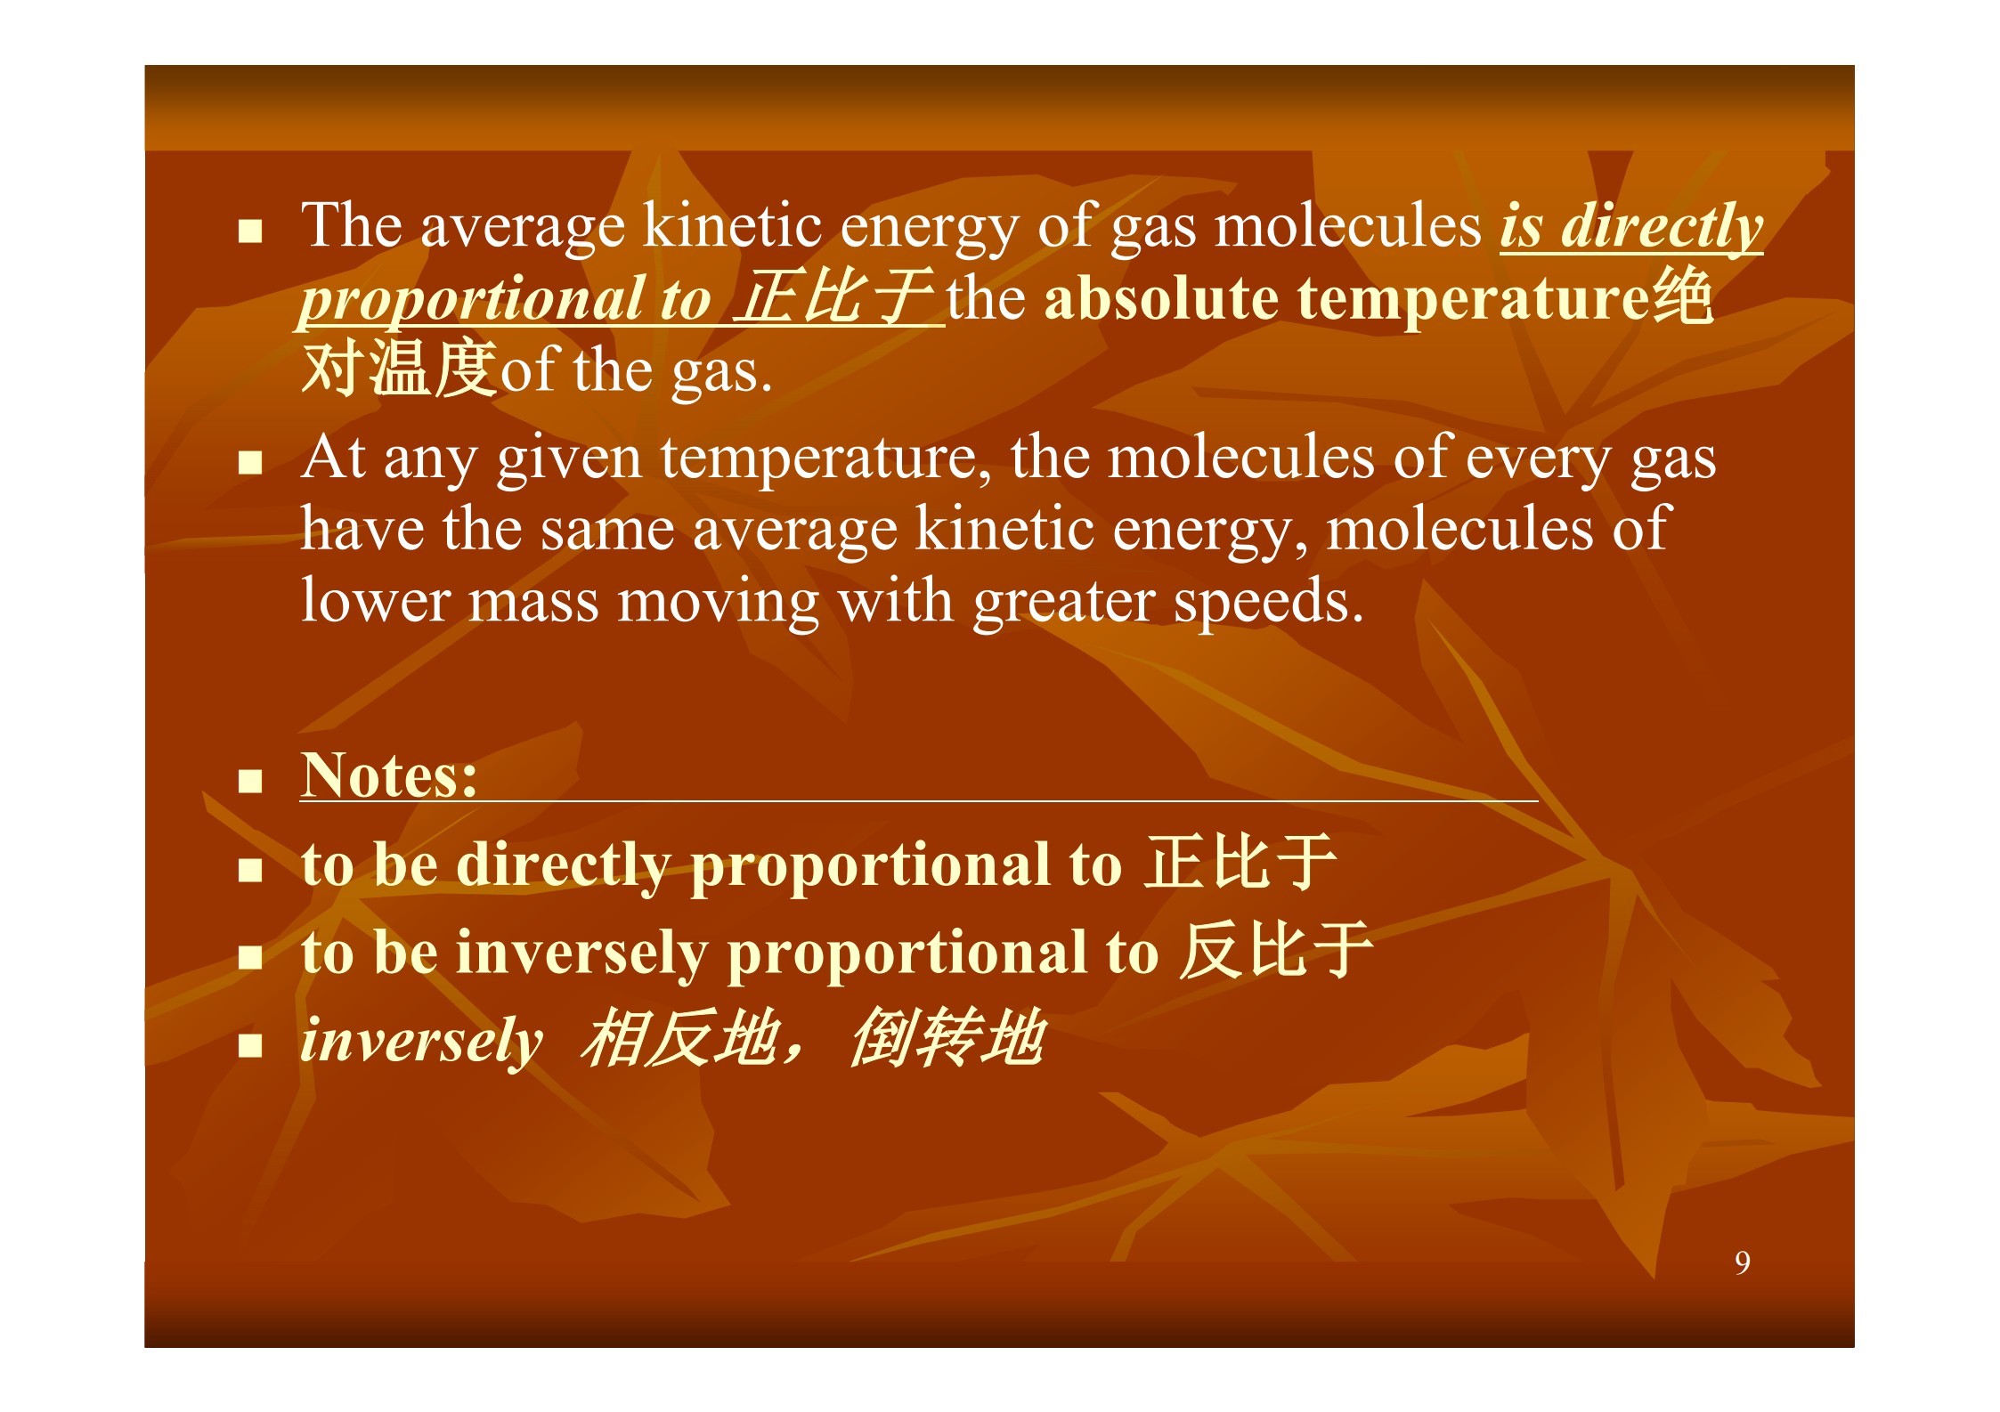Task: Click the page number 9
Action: coord(1742,1262)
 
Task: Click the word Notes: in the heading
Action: coord(389,775)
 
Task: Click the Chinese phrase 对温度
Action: coord(399,367)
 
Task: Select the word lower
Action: coord(375,601)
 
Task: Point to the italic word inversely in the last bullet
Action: coord(421,1040)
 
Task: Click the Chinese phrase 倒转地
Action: coord(947,1037)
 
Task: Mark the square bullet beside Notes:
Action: coord(250,781)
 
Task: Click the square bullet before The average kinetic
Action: coord(250,231)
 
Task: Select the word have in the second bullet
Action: coord(362,529)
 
